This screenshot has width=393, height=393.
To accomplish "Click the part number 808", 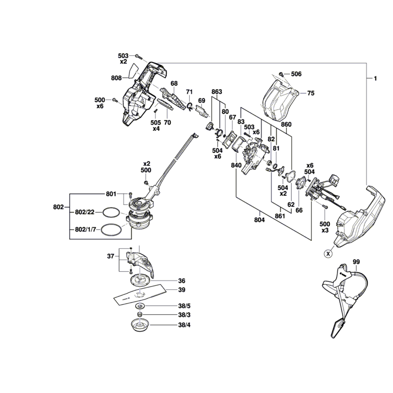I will (x=116, y=78).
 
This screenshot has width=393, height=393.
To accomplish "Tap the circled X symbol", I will (x=327, y=254).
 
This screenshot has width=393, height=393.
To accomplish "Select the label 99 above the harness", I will (x=356, y=262).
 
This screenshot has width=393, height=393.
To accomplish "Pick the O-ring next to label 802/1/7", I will (x=111, y=230).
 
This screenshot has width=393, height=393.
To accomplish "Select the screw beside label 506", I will (x=281, y=74).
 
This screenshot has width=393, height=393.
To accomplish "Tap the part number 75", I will (x=310, y=94).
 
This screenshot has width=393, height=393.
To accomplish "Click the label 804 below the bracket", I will (x=259, y=220).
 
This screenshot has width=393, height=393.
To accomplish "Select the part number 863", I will (x=217, y=92).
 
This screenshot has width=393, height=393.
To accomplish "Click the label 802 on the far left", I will (x=58, y=207).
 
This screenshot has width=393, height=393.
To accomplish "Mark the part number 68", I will (x=174, y=83).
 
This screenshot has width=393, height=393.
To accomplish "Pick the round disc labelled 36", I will (x=139, y=281).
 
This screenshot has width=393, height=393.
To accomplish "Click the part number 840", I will (x=236, y=165).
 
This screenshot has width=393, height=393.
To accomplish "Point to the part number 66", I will (x=299, y=210).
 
